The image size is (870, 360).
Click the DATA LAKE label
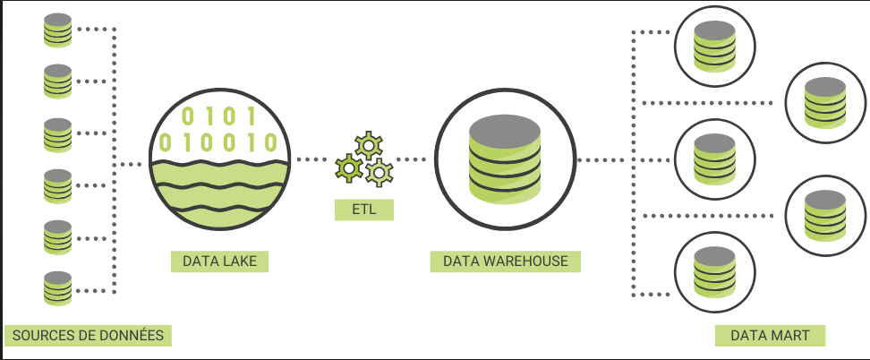(219, 261)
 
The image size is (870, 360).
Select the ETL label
(362, 210)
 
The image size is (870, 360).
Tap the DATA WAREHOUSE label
(505, 261)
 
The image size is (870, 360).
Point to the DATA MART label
(770, 336)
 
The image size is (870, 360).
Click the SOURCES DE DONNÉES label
(87, 336)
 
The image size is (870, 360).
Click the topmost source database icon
(57, 30)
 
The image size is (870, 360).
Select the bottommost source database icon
(57, 288)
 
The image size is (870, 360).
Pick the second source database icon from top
(57, 81)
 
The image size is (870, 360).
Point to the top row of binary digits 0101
(219, 116)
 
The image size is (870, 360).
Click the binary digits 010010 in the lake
(219, 142)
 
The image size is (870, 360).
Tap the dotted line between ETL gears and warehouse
(414, 160)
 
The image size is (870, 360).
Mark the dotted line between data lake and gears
(311, 160)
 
